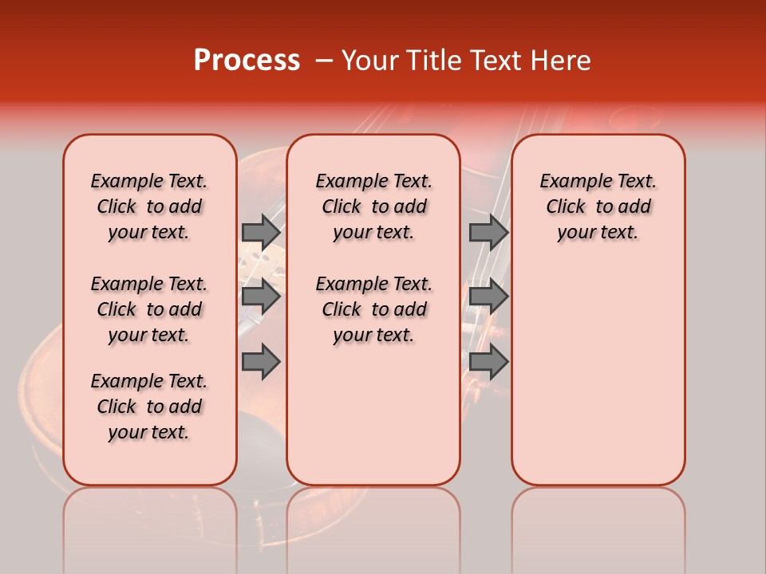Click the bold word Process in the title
[247, 61]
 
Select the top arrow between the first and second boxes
[261, 232]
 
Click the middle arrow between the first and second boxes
[261, 297]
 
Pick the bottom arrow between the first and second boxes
[261, 361]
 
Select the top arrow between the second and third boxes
[488, 232]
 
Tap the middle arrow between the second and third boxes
[488, 297]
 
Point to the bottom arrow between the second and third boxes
[488, 361]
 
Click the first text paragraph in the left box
[149, 206]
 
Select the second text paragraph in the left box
[149, 309]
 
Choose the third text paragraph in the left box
[149, 407]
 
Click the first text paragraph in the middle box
[373, 206]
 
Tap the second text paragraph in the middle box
[373, 309]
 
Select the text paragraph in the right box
[598, 206]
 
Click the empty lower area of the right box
[598, 375]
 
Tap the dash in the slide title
[324, 61]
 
